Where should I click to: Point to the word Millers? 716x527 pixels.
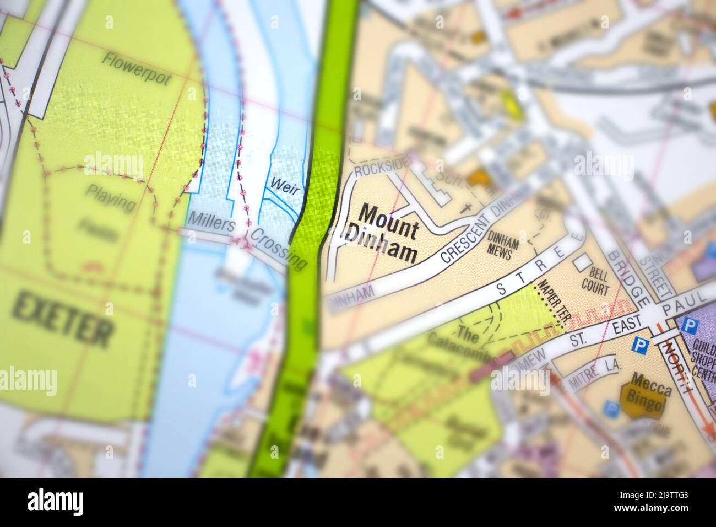click(x=211, y=223)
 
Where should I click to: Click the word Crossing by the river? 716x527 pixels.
click(x=279, y=249)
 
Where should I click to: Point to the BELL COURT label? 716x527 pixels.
click(x=598, y=281)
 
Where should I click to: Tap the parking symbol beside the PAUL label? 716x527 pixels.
click(x=688, y=325)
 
